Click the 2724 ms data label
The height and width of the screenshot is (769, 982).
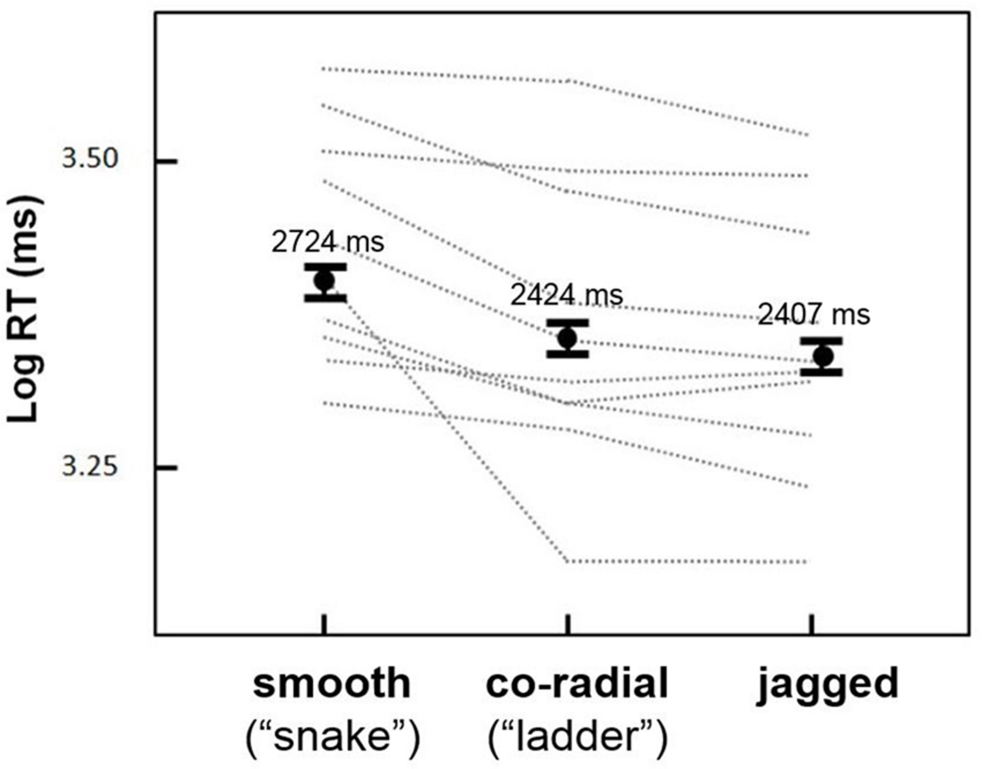(x=327, y=242)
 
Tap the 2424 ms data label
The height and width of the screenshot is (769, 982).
(x=567, y=295)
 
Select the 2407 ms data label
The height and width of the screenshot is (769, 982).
(x=814, y=315)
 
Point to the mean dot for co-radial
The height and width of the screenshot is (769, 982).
(x=568, y=338)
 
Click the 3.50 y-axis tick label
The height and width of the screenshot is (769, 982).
(x=90, y=159)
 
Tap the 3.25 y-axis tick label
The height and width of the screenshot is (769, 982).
(x=90, y=466)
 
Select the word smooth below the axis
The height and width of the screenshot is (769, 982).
(x=332, y=684)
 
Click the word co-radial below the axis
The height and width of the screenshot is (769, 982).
(x=577, y=684)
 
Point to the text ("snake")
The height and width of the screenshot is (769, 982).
(x=333, y=737)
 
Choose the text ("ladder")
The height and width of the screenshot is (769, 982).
(x=577, y=737)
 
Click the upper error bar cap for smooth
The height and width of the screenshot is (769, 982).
(x=325, y=267)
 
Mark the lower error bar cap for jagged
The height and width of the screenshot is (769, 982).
(x=822, y=372)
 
